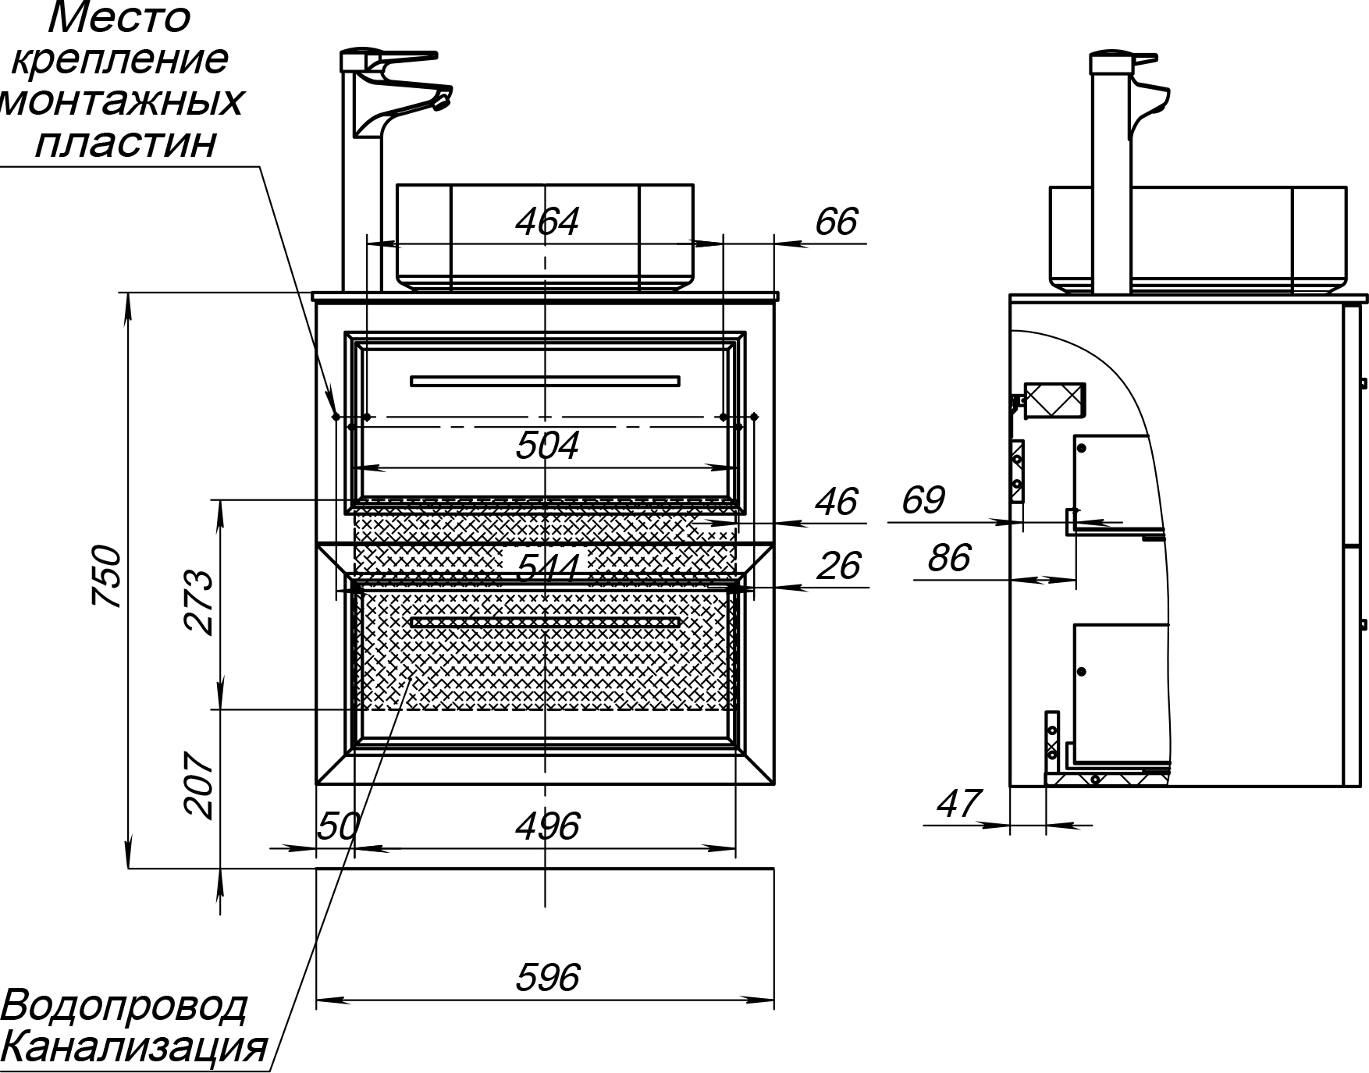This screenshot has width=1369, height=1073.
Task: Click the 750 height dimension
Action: click(x=107, y=577)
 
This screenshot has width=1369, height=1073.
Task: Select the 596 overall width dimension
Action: click(x=548, y=977)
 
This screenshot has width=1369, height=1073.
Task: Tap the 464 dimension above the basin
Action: click(x=547, y=222)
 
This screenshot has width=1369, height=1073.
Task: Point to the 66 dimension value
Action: click(x=836, y=222)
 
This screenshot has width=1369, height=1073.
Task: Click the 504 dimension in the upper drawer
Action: click(x=547, y=446)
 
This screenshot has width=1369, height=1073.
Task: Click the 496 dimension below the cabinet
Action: click(x=547, y=826)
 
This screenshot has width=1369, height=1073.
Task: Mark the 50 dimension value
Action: click(x=338, y=825)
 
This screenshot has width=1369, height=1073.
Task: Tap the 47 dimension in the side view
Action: click(x=958, y=804)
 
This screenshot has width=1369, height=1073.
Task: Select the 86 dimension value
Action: click(x=949, y=558)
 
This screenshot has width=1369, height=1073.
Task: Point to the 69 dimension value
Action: click(x=923, y=500)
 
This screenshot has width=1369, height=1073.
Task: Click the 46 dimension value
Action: click(x=836, y=501)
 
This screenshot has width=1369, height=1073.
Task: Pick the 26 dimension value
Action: click(x=839, y=566)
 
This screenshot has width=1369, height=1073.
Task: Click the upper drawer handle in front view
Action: click(x=545, y=381)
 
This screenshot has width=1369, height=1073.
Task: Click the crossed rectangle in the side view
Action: click(x=1054, y=400)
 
